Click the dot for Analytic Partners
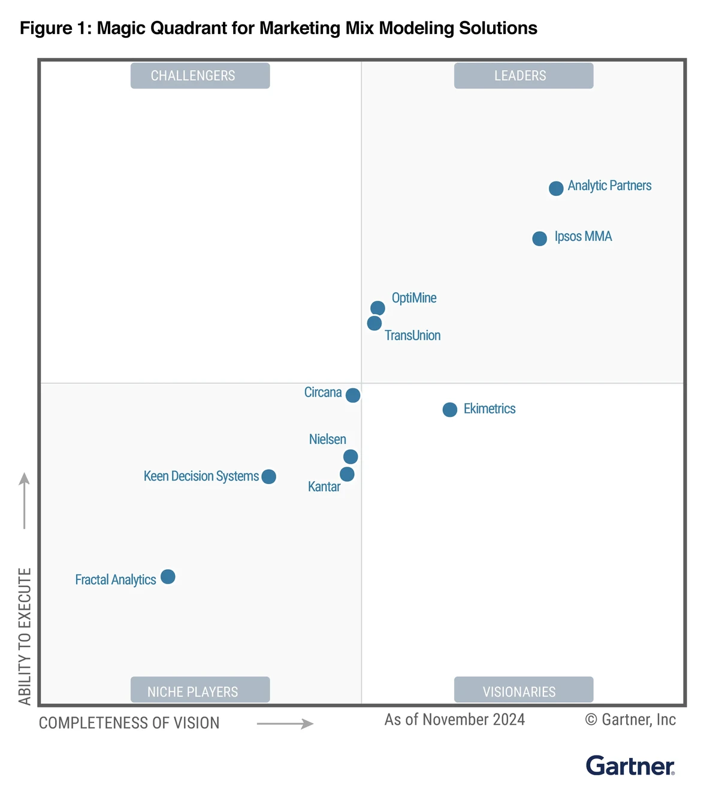pos(556,188)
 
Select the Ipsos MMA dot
pos(539,238)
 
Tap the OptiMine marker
pos(377,308)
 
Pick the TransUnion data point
pos(374,324)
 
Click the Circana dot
pos(353,395)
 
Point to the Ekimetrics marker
pos(450,410)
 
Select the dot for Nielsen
pos(351,457)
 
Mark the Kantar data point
pos(347,474)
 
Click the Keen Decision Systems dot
pos(269,477)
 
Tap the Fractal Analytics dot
pos(168,577)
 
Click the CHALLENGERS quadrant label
pos(200,76)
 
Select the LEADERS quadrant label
pos(524,76)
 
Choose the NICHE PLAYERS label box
pos(200,691)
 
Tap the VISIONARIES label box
pos(524,691)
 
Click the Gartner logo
pos(630,766)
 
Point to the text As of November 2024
pos(455,720)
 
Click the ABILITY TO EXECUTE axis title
pos(25,636)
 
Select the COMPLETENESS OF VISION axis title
pos(129,723)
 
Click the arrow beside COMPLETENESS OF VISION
pos(285,724)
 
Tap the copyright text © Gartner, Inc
pos(630,720)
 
